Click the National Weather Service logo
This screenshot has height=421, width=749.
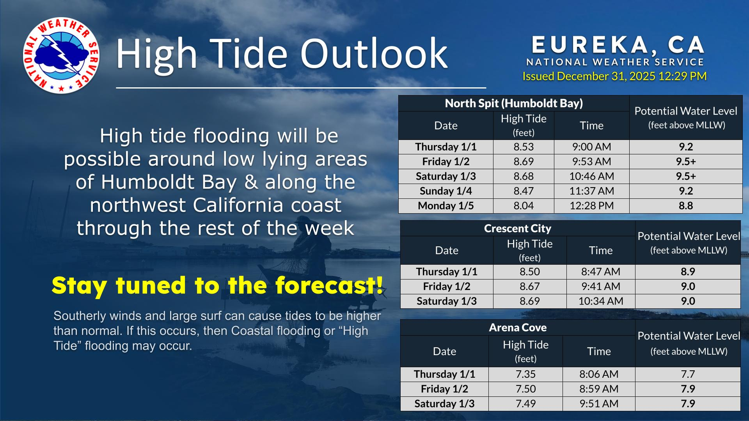point(61,55)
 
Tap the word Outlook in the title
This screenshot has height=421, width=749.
point(374,53)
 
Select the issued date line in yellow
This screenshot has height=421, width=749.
point(614,76)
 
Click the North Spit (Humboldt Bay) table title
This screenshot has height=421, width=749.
point(514,103)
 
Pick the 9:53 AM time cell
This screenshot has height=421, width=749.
point(591,161)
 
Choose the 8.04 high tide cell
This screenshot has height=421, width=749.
point(524,206)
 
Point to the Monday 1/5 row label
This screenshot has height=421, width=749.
point(446,206)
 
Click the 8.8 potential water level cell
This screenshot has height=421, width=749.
point(686,206)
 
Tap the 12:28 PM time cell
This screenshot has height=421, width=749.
point(591,206)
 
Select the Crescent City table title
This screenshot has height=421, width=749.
point(518,228)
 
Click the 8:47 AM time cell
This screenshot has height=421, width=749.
point(601,272)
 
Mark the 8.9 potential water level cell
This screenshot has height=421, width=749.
point(688,272)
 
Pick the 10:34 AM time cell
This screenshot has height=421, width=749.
point(601,301)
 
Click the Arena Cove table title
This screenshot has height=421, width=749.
point(518,327)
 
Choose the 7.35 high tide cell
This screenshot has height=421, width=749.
point(525,374)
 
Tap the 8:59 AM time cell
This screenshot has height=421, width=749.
point(599,389)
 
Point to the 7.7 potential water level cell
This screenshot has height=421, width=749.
point(688,374)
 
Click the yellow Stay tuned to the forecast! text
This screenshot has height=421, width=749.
point(217,285)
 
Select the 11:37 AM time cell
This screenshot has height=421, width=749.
point(591,191)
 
